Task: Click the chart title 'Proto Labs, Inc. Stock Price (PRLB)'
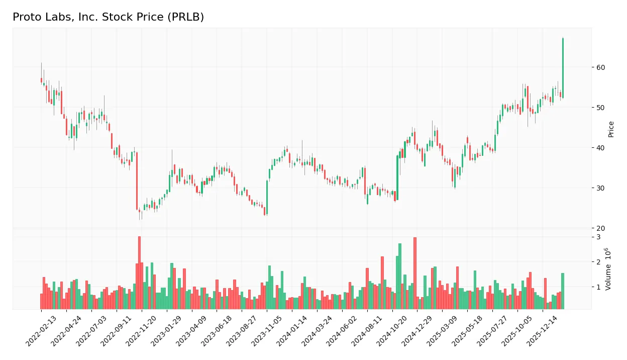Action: [108, 17]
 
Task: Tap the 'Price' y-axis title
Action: [611, 129]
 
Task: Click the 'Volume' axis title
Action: [608, 269]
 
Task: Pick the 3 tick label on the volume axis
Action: [599, 237]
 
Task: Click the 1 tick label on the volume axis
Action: [599, 287]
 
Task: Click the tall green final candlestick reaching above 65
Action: [563, 68]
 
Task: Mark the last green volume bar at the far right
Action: [563, 291]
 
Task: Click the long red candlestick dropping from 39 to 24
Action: [137, 181]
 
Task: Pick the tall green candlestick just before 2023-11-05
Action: [267, 197]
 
